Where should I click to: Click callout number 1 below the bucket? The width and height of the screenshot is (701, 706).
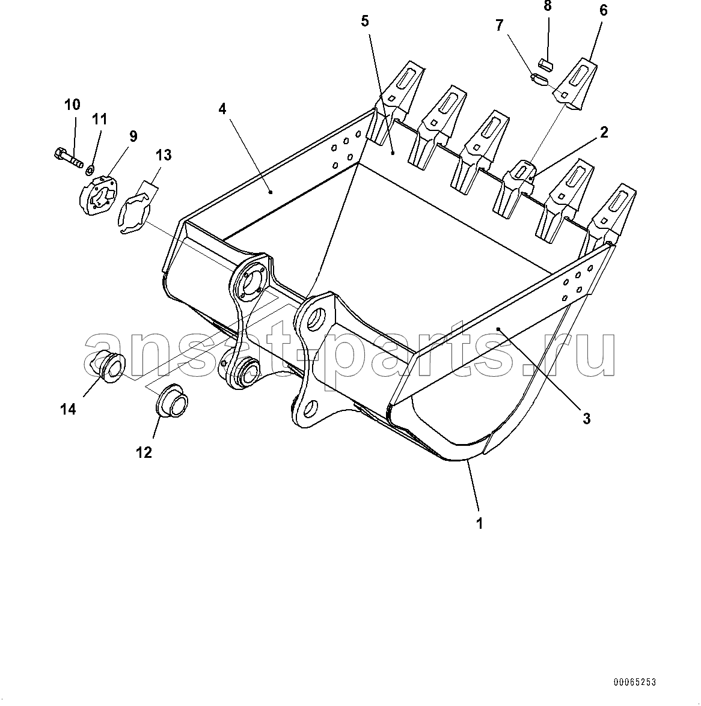point(479,523)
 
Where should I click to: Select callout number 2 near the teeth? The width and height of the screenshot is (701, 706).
point(604,132)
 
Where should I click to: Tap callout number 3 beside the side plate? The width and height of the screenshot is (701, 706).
point(586,418)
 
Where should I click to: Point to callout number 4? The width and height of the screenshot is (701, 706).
point(222,109)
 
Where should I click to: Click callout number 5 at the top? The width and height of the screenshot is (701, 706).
point(365,21)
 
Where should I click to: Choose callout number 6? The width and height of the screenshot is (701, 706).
point(603,10)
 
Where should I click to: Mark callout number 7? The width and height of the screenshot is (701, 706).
point(500,25)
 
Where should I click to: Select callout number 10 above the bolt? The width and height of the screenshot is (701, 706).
point(72,105)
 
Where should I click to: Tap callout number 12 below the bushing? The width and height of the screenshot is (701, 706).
point(144,452)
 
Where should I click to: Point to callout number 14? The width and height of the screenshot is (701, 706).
point(68,409)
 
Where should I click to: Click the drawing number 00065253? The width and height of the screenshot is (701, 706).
point(634,681)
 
